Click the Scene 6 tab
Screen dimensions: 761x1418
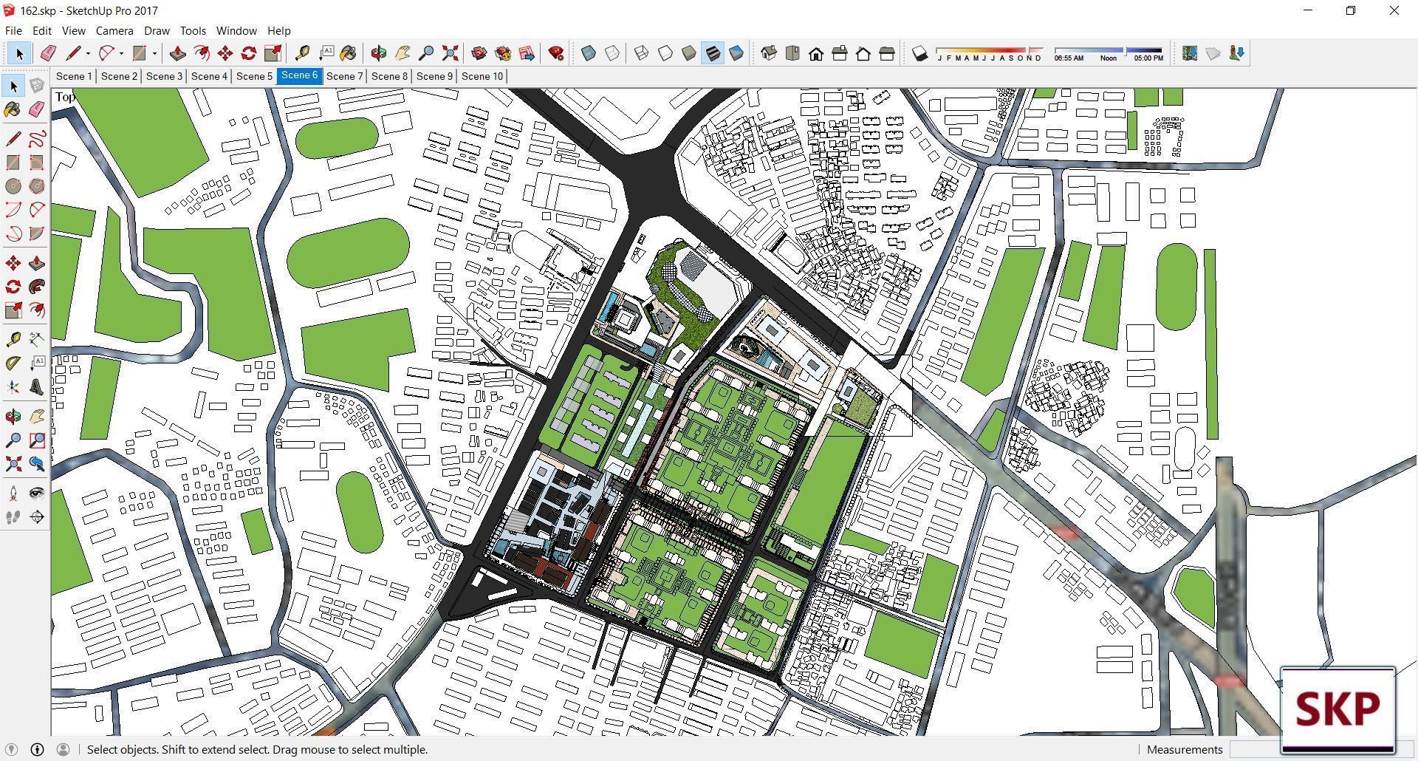299,75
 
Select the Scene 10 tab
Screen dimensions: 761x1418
482,76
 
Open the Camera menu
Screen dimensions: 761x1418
114,31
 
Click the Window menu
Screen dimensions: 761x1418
236,31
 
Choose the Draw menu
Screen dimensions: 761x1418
157,31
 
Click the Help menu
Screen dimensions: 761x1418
278,31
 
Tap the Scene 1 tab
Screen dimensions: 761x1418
74,76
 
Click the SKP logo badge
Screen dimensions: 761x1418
1337,709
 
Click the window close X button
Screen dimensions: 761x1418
1394,10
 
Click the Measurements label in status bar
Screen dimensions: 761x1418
1185,749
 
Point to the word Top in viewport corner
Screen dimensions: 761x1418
65,97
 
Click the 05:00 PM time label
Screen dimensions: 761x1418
1148,58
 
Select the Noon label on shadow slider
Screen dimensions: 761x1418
1108,58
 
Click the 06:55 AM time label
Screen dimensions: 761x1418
1069,58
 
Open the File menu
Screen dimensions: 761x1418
13,31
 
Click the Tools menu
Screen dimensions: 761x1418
193,31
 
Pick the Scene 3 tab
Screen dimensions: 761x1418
164,76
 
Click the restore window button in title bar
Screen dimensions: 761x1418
1351,10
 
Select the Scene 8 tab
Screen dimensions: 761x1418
389,76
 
